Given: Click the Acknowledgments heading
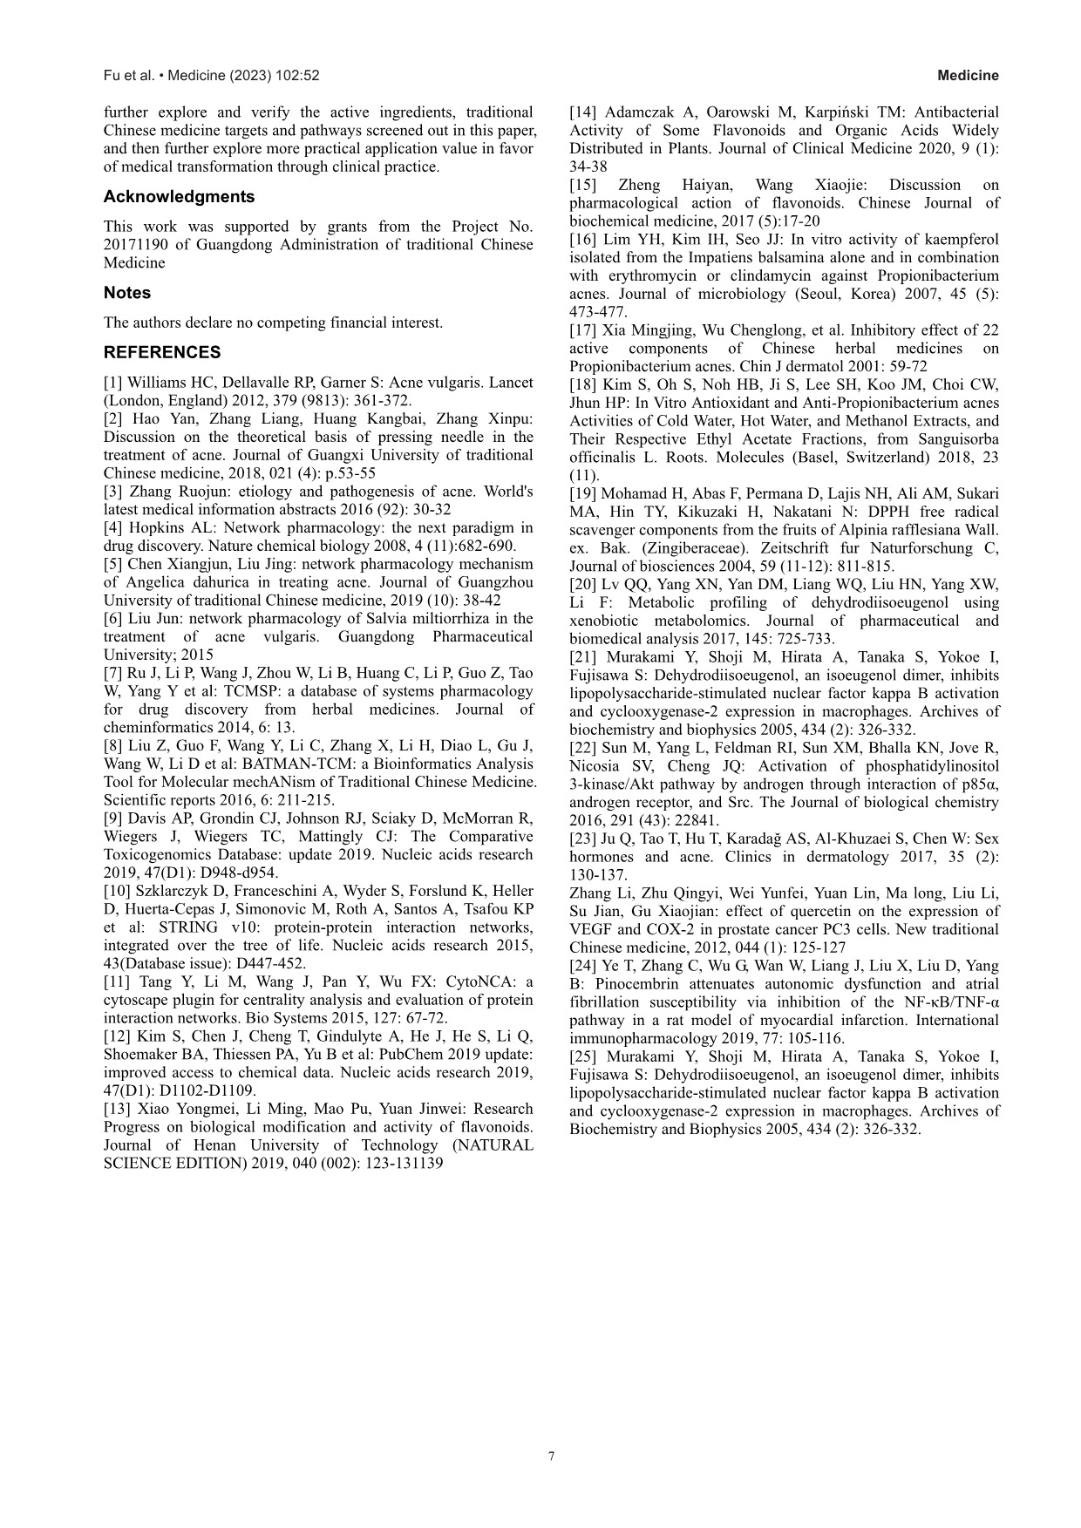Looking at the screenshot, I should pos(179,197).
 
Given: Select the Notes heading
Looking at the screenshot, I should pos(127,293).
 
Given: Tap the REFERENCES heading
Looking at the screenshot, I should pos(162,353).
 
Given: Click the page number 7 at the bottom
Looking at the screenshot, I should pos(551,1456).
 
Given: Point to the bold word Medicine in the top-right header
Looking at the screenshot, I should pos(968,76).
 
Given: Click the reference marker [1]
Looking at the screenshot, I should pos(113,383).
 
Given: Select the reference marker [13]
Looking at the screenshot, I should pos(118,1110).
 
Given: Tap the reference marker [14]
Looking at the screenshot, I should pos(583,112).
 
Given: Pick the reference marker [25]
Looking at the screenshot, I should pos(583,1056).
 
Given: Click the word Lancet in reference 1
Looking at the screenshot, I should pos(511,383).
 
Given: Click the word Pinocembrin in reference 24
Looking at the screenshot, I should pos(632,984).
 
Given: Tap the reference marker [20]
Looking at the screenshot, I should pos(583,585).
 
